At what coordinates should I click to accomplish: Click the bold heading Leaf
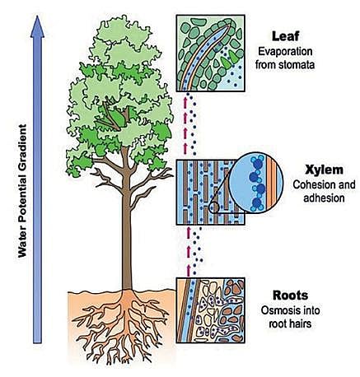[285, 36]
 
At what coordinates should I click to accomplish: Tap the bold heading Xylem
[324, 170]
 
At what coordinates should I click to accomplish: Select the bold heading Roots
[290, 296]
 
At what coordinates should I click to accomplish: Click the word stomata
[297, 65]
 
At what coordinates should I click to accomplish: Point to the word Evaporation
[285, 52]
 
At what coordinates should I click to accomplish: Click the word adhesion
[324, 198]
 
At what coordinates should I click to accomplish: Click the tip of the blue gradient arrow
[37, 16]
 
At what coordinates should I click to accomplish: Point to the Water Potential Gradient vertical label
[22, 191]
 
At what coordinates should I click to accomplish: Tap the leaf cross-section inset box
[210, 54]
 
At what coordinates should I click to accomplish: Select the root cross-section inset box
[210, 310]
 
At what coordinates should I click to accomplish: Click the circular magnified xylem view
[256, 183]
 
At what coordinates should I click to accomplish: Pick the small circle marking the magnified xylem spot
[214, 207]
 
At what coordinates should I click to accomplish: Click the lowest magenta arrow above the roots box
[189, 271]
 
